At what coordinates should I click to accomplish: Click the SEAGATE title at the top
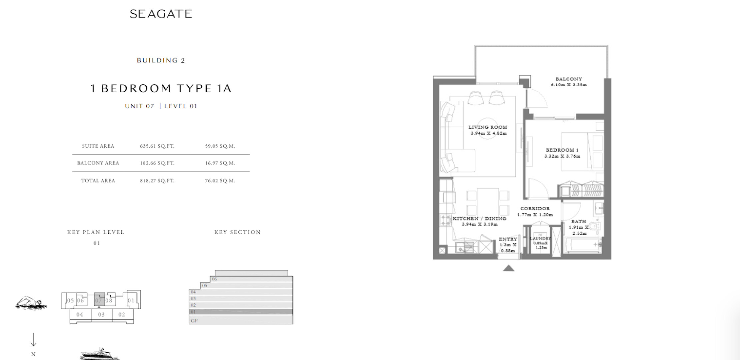(161, 14)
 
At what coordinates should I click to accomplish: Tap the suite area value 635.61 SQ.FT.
(157, 146)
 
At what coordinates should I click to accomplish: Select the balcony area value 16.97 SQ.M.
(220, 163)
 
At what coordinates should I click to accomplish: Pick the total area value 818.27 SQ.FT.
(157, 181)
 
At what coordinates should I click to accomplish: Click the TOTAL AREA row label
(98, 181)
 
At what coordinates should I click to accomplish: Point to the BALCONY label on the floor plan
(569, 79)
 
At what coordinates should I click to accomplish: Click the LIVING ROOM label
(488, 127)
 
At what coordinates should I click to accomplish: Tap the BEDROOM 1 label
(562, 150)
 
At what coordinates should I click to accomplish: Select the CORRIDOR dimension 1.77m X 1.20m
(535, 215)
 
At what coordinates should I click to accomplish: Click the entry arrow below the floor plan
(508, 268)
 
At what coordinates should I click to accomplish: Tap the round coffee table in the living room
(489, 129)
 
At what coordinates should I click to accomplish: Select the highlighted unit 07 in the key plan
(99, 299)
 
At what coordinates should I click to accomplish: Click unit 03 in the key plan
(101, 314)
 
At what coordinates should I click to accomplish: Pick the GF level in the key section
(241, 320)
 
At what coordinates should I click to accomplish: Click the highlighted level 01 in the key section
(241, 312)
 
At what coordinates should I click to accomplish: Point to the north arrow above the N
(33, 340)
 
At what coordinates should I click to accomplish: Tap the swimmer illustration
(31, 303)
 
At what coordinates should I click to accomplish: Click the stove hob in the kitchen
(445, 220)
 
